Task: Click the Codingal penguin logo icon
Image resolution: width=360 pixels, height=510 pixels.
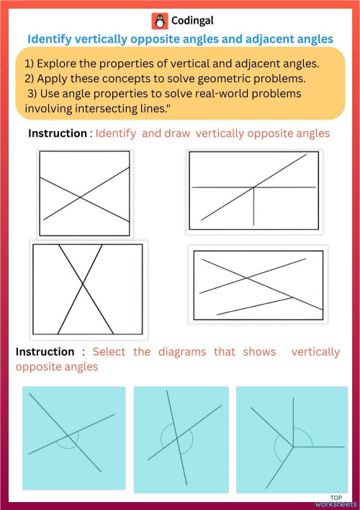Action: [158, 21]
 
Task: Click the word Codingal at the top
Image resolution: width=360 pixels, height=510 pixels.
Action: [192, 21]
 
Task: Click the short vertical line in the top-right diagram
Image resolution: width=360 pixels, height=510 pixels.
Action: [253, 207]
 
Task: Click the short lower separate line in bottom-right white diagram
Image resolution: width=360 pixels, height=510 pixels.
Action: [253, 306]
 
